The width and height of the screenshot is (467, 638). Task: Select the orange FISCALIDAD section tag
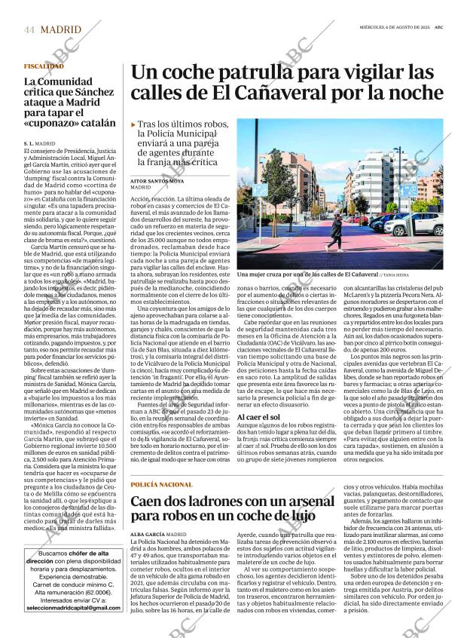coord(43,66)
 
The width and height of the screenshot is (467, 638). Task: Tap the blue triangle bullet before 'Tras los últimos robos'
coord(133,124)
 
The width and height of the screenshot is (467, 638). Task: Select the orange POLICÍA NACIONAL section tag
coord(161,483)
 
